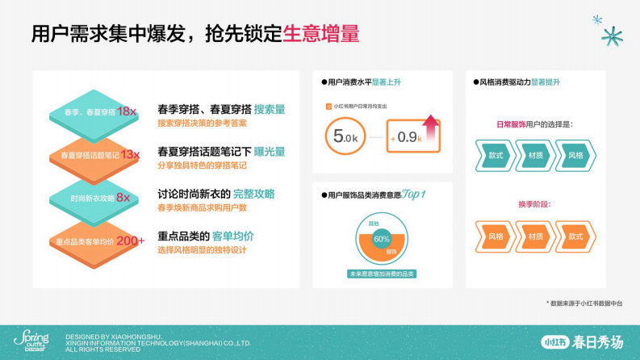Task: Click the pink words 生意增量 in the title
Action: [321, 35]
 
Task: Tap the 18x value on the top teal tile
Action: [127, 111]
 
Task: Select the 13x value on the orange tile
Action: [130, 154]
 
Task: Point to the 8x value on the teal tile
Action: [123, 197]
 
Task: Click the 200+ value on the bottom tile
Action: [131, 241]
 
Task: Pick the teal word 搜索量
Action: [270, 109]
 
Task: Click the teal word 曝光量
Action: [269, 151]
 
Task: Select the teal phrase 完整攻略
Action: [253, 194]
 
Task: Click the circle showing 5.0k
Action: [345, 136]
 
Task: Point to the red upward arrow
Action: [430, 126]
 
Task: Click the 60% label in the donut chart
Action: [381, 239]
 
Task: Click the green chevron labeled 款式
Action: [496, 155]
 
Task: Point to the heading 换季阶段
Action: [534, 203]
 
